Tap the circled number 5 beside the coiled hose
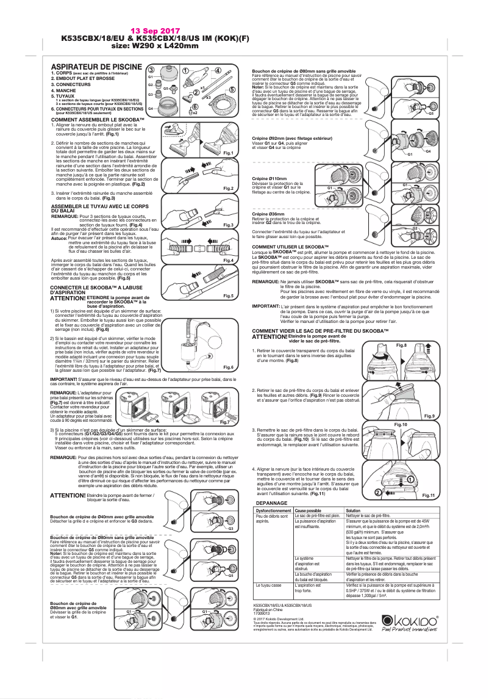(x=233, y=90)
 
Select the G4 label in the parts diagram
(x=150, y=108)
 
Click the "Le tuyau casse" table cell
(x=268, y=585)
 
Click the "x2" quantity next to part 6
(x=195, y=112)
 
